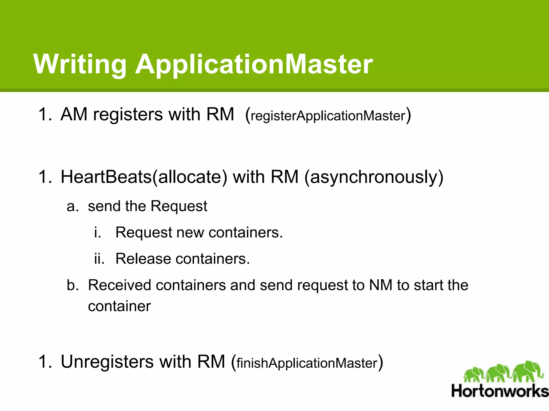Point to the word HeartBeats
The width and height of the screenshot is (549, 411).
tap(106, 177)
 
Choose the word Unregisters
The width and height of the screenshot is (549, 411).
tap(107, 362)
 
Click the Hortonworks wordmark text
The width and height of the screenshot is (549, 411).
tap(500, 391)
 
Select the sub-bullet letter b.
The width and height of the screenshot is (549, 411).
tap(72, 285)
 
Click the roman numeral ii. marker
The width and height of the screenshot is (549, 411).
tap(99, 259)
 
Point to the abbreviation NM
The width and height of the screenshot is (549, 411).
tap(381, 285)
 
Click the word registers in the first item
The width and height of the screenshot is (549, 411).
tap(128, 115)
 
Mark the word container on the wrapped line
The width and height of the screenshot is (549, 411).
tap(119, 306)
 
